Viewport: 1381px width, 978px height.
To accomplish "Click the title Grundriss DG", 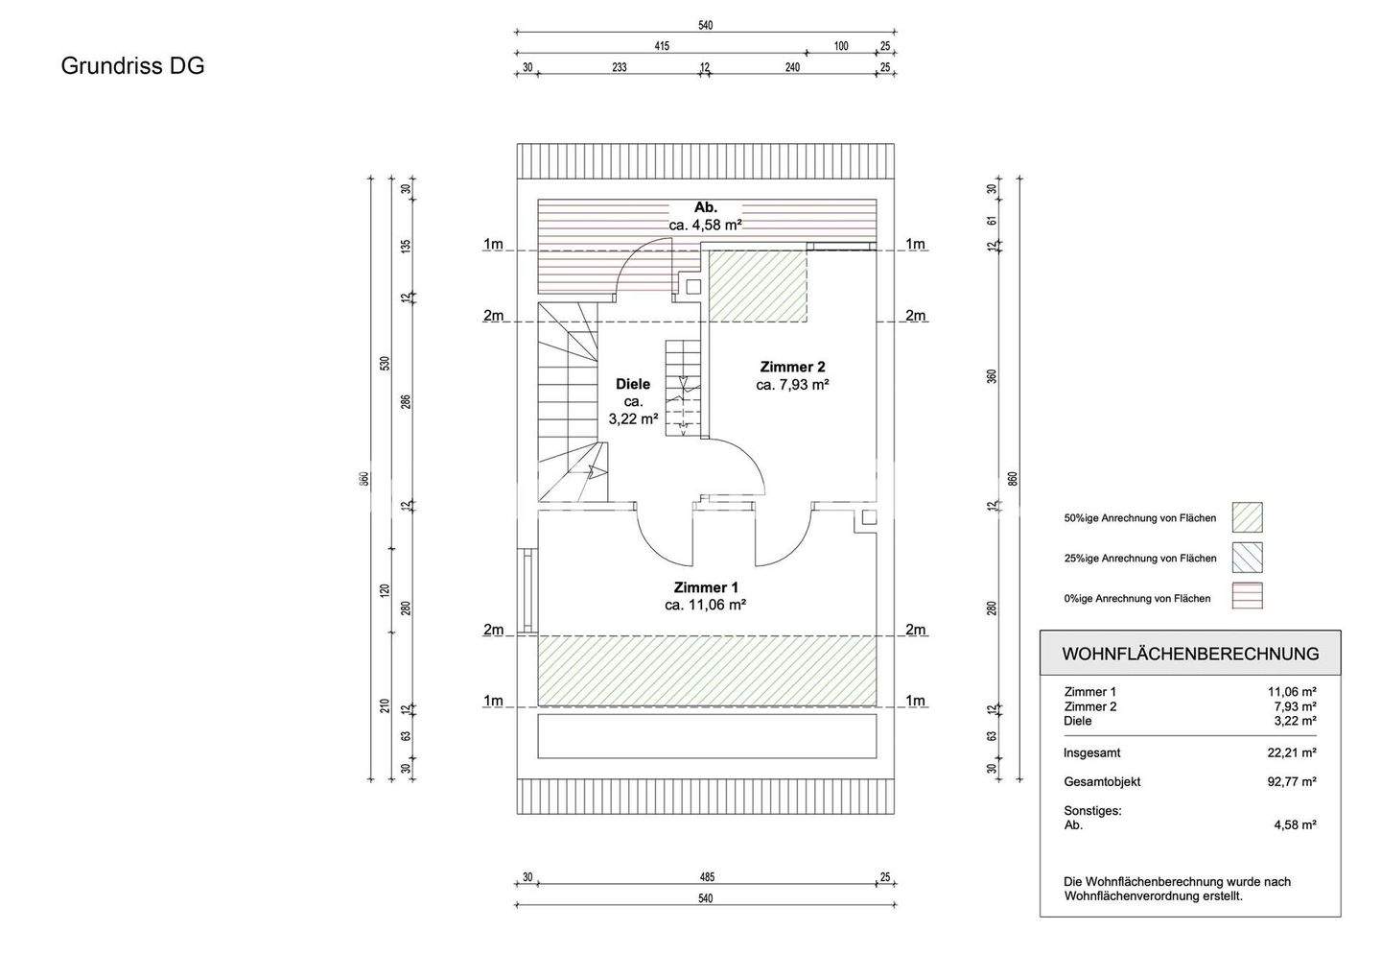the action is [132, 66].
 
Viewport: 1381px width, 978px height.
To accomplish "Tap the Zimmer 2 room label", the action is [792, 368].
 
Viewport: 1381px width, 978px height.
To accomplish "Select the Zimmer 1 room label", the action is [706, 587].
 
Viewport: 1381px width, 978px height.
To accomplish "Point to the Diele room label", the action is [633, 385].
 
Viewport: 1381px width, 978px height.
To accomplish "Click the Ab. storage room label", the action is [706, 207].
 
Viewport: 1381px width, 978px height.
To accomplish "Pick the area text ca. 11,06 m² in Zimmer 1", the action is [706, 606].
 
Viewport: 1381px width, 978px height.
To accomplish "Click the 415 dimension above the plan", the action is [662, 46].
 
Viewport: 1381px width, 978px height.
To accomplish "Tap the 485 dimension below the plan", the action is [707, 877].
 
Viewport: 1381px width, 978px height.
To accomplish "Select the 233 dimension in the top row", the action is [619, 67].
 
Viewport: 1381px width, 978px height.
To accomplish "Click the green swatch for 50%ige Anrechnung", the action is [1247, 517].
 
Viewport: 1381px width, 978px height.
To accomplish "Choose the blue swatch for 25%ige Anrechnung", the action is [1247, 558].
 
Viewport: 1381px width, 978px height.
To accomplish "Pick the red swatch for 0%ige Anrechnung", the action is [1247, 596].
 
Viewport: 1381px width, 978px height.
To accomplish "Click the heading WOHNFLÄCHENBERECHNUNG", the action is [1190, 654].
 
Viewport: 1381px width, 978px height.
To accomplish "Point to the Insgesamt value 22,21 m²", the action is [1292, 752].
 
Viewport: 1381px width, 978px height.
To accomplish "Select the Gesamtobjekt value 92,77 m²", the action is [1292, 782].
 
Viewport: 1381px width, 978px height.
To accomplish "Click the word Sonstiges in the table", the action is [1092, 811].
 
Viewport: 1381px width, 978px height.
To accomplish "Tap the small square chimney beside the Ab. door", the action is [693, 287].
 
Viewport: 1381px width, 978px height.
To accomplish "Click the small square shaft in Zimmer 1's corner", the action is [869, 517].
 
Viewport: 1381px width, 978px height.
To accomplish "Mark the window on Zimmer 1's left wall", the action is [527, 591].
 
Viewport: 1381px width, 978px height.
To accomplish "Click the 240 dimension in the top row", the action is [792, 67].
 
